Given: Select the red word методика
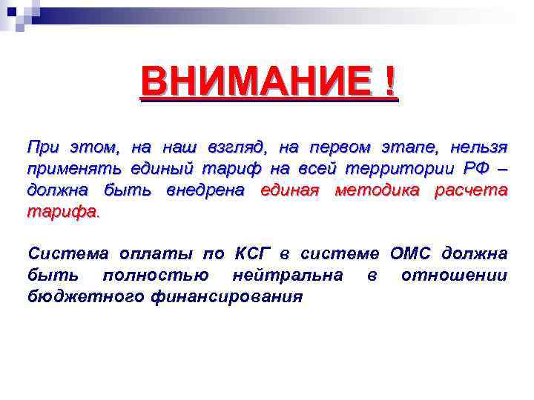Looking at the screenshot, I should (x=378, y=190).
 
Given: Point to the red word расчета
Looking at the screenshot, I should (x=471, y=190).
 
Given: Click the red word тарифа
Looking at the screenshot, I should (x=62, y=212).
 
